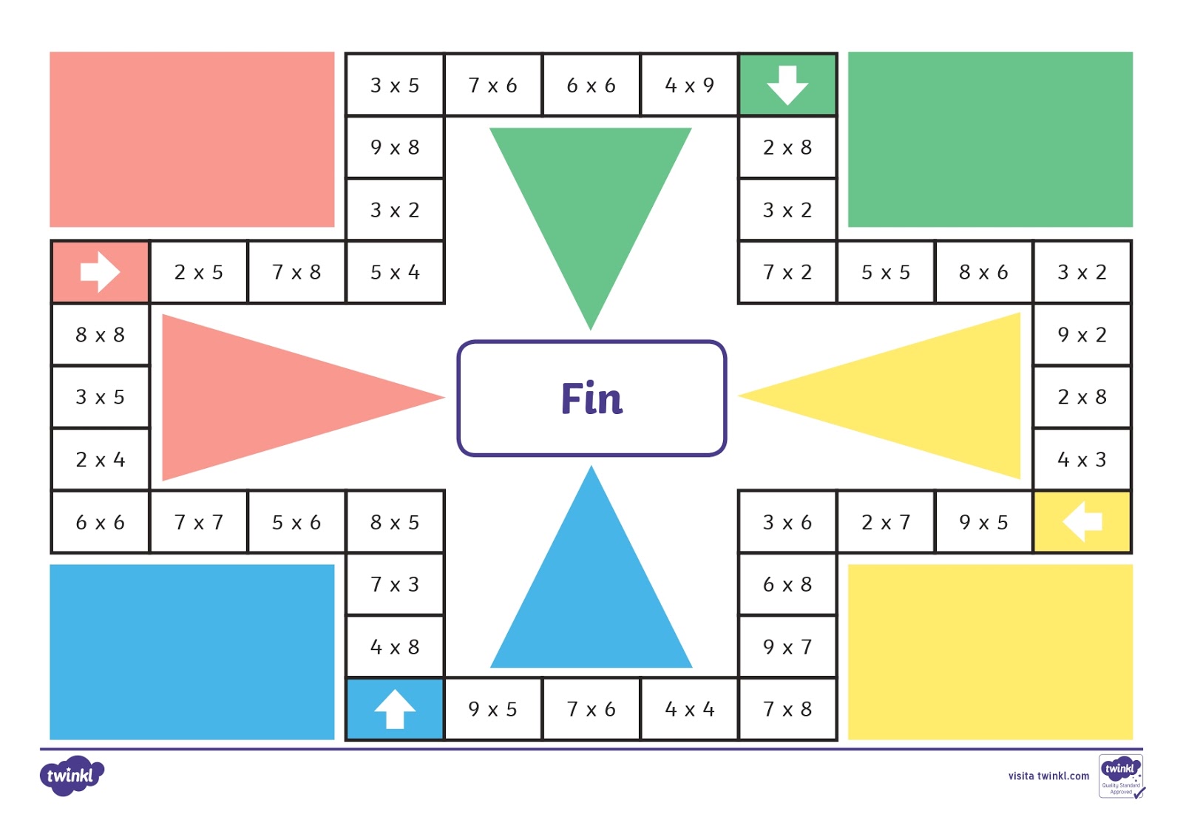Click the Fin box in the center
[x=591, y=399]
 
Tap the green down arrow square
[x=787, y=85]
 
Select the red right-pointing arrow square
[x=100, y=272]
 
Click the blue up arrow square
[x=395, y=709]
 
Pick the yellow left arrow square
[x=1082, y=522]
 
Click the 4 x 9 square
[x=689, y=85]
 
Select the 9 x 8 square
[x=395, y=147]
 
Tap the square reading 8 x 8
[x=100, y=334]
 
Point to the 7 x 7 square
[x=198, y=522]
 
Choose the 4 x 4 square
[x=689, y=709]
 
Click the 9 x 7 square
[x=787, y=647]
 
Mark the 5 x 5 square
[x=886, y=272]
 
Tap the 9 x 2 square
[x=1082, y=334]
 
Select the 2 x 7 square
[x=886, y=522]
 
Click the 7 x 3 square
[x=395, y=584]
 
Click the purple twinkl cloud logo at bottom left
[x=71, y=776]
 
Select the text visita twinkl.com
[x=1048, y=776]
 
